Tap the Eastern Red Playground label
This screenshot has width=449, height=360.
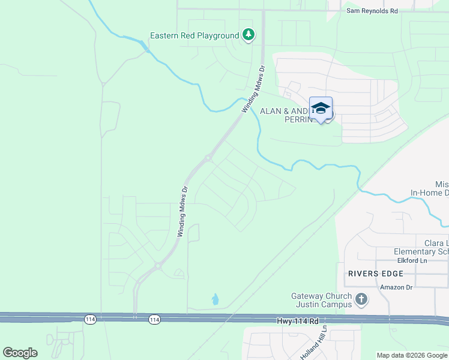194,36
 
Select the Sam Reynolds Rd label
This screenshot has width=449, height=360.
372,11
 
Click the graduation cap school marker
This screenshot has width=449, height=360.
321,109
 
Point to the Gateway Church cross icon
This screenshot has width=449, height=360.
361,299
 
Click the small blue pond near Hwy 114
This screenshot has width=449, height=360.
215,299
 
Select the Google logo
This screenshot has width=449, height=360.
20,353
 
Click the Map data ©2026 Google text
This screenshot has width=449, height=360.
411,355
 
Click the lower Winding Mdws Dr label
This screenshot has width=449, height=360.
183,211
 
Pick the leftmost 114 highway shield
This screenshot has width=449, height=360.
91,319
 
